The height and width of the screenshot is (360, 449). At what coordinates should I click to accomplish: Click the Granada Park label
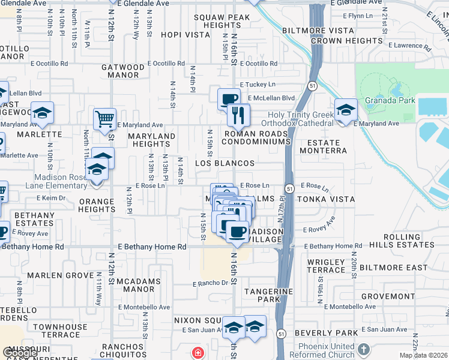(x=390, y=101)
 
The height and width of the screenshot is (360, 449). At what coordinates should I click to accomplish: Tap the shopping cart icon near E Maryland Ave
(x=105, y=119)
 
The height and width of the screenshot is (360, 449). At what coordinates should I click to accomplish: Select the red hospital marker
(x=197, y=353)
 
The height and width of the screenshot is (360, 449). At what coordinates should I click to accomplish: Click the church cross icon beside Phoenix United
(x=363, y=349)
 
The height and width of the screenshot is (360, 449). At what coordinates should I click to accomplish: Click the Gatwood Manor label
(x=123, y=71)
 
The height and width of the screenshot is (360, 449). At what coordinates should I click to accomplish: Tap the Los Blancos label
(x=225, y=163)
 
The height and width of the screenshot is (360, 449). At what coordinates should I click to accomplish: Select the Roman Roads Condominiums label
(x=256, y=138)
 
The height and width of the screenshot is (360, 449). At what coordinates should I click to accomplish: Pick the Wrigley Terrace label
(x=325, y=266)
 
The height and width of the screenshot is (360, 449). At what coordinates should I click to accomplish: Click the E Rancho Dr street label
(x=211, y=283)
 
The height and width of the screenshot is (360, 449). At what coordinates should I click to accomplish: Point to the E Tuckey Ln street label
(x=258, y=85)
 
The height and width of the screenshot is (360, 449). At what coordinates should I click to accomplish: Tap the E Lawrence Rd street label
(x=409, y=46)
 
